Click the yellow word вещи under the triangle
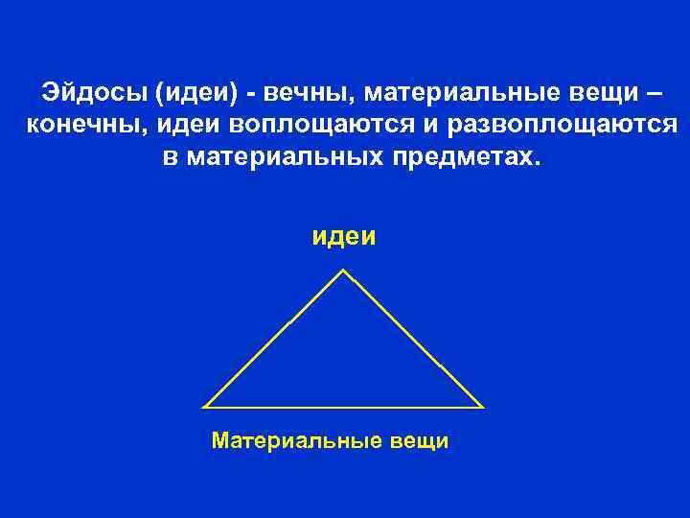(419, 441)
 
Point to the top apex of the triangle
(344, 271)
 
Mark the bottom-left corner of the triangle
(206, 407)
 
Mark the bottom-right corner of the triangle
(481, 407)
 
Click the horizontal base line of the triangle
(344, 407)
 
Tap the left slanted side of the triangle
(275, 339)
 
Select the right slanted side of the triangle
(413, 339)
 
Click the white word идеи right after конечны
(171, 125)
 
